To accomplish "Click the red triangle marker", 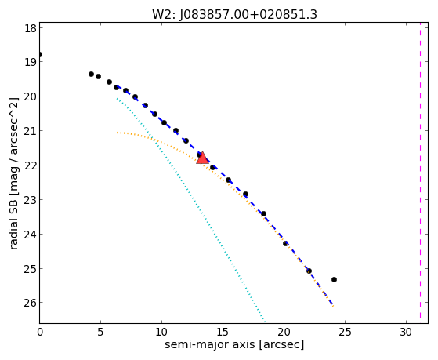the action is [202, 158].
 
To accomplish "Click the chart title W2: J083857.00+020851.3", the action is [234, 15].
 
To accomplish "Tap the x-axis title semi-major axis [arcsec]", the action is [234, 344].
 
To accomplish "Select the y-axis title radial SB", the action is [13, 213].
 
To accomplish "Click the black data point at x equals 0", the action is [40, 54].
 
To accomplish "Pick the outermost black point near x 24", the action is [334, 279].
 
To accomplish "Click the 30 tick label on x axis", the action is [406, 332].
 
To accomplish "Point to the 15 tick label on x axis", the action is [223, 332].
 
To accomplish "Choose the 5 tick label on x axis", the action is [100, 332].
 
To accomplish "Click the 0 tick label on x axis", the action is [40, 332].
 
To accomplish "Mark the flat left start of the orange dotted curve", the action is [118, 133].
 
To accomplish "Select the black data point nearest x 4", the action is [91, 75].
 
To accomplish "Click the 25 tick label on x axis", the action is [345, 332].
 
